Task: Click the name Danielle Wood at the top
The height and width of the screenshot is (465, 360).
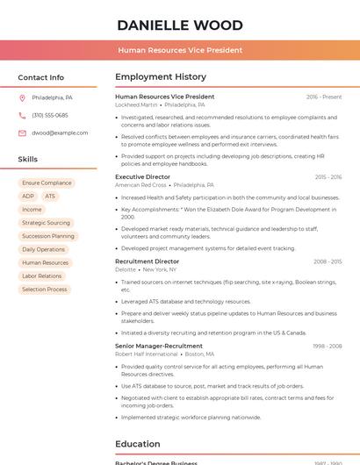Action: click(180, 25)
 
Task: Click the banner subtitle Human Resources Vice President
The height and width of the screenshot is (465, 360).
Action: click(180, 50)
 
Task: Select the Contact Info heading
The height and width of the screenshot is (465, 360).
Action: click(41, 77)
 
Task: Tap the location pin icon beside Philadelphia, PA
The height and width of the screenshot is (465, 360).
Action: click(22, 97)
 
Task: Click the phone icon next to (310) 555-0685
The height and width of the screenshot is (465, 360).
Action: click(22, 115)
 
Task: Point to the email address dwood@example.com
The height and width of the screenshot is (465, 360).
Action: click(60, 132)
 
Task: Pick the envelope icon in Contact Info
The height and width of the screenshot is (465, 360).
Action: click(22, 132)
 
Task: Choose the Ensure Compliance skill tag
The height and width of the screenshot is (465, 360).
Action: click(47, 183)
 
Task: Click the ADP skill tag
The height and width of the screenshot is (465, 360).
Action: click(28, 197)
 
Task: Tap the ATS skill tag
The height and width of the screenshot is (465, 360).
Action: click(50, 197)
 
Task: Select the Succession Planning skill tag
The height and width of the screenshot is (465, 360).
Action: click(48, 236)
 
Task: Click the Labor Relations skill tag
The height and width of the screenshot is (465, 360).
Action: click(42, 275)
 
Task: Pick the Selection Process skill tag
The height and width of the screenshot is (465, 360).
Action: click(45, 289)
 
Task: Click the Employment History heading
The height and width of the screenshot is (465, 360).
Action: click(161, 77)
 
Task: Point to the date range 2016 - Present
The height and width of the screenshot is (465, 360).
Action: click(324, 97)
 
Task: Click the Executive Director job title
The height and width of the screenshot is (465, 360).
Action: click(142, 177)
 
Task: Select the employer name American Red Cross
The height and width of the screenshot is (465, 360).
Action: click(140, 185)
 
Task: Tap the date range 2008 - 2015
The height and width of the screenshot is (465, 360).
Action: click(328, 261)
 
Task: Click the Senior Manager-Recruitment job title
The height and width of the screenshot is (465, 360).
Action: click(159, 346)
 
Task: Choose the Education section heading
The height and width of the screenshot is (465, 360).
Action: click(138, 444)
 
